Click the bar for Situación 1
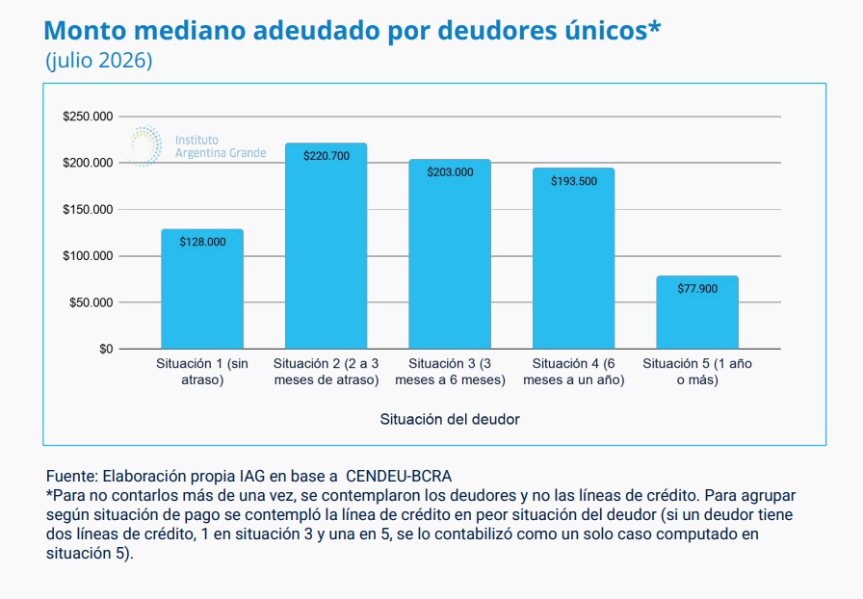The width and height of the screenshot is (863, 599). coord(202,289)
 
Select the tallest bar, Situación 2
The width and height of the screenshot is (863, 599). coord(326,247)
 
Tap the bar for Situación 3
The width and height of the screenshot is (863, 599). coord(450,254)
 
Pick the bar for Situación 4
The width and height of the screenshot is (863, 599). coord(573,259)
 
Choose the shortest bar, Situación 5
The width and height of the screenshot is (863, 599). coord(697,313)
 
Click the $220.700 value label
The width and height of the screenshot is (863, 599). coord(327,156)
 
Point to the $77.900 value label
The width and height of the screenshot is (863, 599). coord(697,289)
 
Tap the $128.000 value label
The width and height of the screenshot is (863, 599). coord(202,242)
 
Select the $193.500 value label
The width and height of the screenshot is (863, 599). coord(574,181)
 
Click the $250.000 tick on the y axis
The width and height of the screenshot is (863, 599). coord(88,117)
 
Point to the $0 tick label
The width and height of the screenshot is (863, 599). coord(106,349)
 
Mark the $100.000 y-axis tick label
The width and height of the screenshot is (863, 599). coord(88,256)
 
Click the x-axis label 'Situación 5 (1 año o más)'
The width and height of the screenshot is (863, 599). coord(697,372)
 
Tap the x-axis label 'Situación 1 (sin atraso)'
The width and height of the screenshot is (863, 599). coord(202,372)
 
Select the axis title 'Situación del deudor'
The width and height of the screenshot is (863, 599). coord(450,420)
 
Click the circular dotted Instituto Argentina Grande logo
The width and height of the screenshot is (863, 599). coord(144,145)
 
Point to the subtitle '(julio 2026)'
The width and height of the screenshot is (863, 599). coord(99,60)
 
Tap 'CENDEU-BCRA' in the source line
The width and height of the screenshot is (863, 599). coord(399,477)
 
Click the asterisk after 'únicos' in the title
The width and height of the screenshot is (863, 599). coord(654,25)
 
